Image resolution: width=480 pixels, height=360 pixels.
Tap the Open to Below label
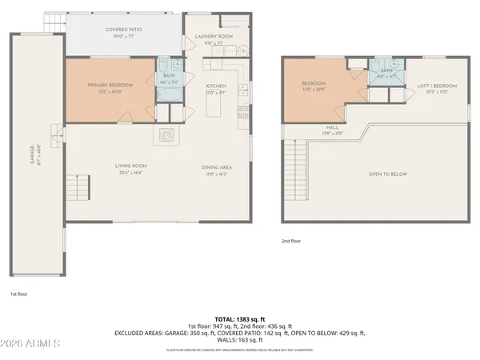coord(386,174)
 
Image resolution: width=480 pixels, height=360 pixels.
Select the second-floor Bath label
coord(387,70)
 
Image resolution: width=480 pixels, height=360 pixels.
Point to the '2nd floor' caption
coord(290,240)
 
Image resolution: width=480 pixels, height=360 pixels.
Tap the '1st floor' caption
coord(19,294)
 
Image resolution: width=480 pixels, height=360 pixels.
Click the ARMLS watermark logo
coord(32,344)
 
